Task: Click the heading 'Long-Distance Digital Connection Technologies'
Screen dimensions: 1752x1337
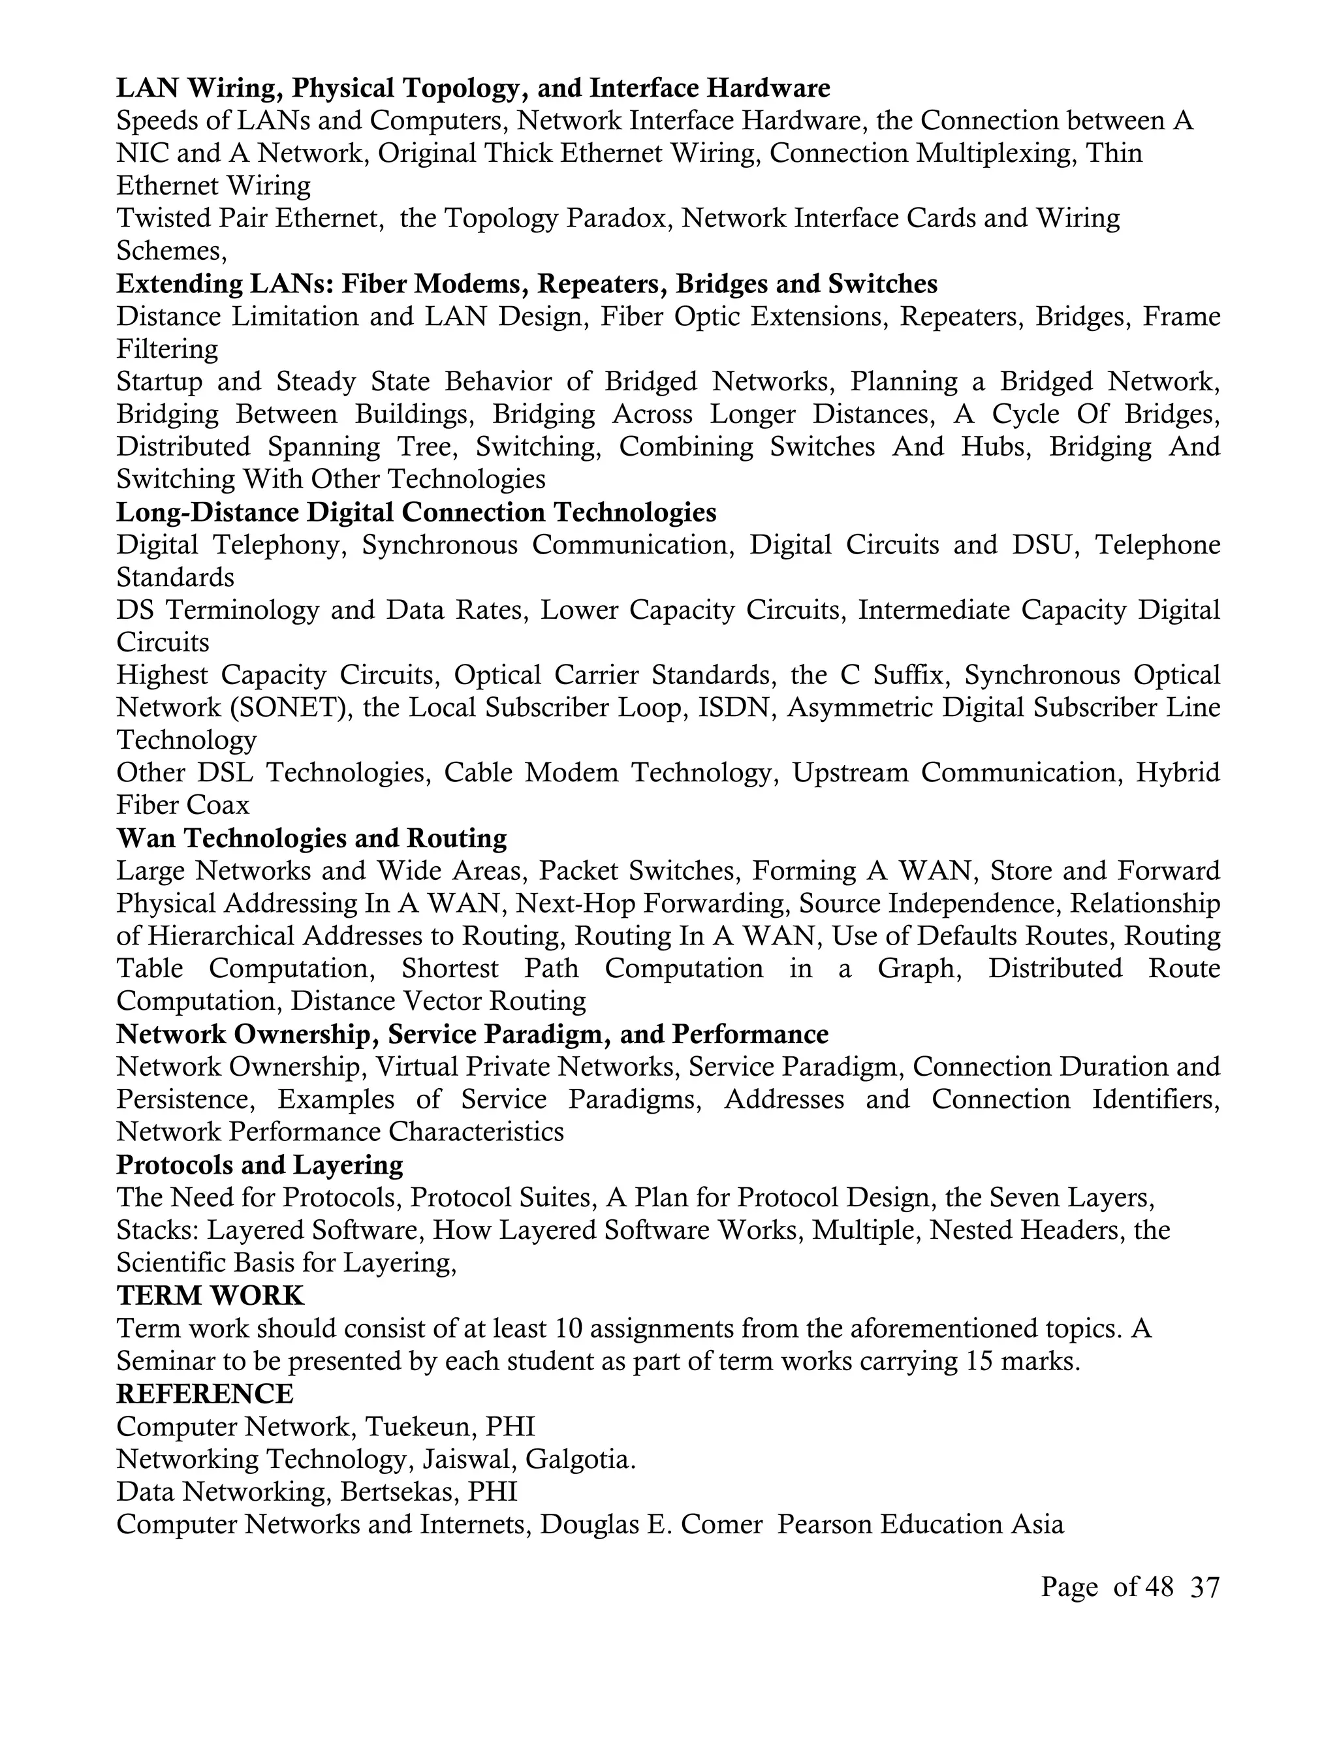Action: [x=417, y=512]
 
